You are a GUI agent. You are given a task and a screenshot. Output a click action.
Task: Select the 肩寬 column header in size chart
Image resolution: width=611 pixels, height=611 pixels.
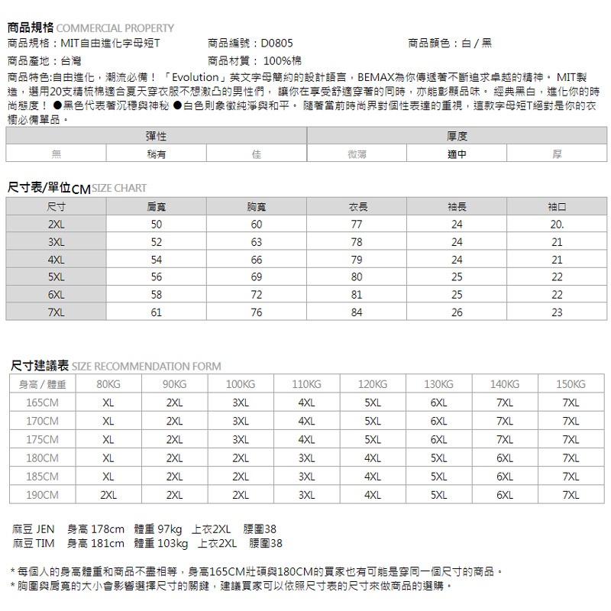click(156, 207)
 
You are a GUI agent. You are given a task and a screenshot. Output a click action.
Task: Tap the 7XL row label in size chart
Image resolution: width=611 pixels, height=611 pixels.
click(56, 312)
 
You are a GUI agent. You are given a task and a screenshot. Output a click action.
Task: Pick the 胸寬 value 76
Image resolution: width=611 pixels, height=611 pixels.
click(256, 312)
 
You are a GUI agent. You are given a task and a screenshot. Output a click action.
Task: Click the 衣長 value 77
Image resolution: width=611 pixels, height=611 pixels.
click(356, 225)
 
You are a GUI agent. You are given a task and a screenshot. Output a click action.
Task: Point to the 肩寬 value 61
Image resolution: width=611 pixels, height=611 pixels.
click(156, 312)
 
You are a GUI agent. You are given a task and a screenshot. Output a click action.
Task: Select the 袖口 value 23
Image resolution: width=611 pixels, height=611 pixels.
click(557, 312)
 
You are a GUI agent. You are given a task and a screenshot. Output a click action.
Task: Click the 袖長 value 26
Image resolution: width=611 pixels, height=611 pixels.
click(457, 312)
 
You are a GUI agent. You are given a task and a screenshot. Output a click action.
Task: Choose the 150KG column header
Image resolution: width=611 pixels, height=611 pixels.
click(571, 384)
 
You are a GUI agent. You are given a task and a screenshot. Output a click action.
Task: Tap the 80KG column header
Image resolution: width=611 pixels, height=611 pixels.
click(108, 384)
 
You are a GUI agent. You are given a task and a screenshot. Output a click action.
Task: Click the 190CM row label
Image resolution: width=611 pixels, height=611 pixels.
click(43, 495)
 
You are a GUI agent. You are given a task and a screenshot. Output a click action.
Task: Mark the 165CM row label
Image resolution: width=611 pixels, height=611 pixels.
click(43, 402)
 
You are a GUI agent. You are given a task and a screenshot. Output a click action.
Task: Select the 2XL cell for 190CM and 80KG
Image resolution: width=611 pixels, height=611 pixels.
click(108, 495)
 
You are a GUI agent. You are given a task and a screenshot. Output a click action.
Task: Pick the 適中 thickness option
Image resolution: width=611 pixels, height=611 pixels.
click(457, 154)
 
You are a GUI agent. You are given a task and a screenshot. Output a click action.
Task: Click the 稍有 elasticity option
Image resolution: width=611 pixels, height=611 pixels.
click(156, 154)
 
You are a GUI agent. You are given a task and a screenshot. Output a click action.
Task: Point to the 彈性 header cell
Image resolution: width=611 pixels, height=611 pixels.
click(156, 136)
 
